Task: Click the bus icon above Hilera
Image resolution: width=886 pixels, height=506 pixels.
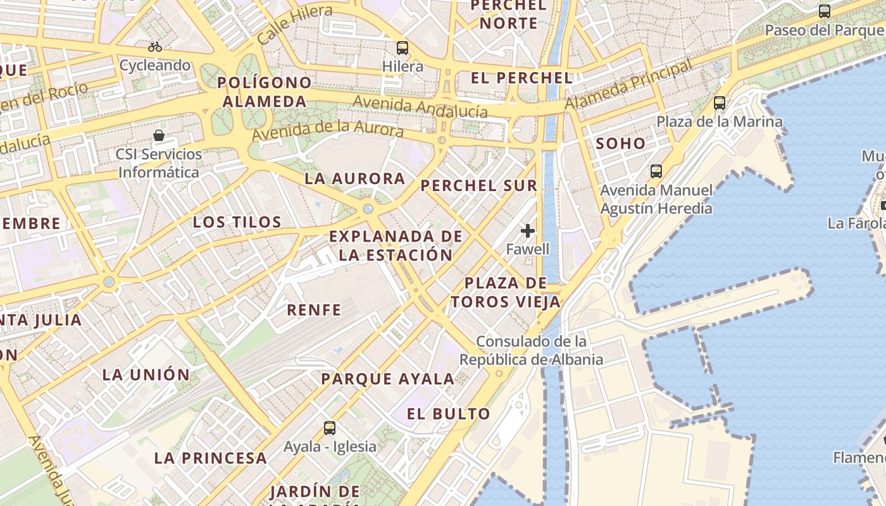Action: pyautogui.click(x=402, y=47)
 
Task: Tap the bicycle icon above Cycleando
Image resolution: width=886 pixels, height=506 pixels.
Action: pyautogui.click(x=155, y=47)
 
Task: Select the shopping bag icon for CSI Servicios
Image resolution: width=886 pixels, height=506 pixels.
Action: pyautogui.click(x=159, y=135)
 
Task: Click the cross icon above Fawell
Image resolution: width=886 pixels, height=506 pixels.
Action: pyautogui.click(x=528, y=231)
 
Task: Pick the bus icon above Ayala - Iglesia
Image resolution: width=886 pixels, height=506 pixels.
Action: pyautogui.click(x=330, y=428)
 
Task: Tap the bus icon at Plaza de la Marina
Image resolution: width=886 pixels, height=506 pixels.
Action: pyautogui.click(x=720, y=102)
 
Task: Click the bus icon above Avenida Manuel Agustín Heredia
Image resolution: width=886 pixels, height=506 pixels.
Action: pyautogui.click(x=656, y=171)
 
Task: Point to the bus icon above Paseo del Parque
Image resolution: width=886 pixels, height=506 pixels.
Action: pyautogui.click(x=825, y=11)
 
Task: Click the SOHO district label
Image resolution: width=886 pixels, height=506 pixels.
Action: pyautogui.click(x=621, y=144)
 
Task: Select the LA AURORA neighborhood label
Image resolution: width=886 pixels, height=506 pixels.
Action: pyautogui.click(x=355, y=178)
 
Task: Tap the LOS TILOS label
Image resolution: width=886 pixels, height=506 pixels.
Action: pyautogui.click(x=237, y=222)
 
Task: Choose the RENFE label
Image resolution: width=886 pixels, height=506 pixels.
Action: pyautogui.click(x=314, y=310)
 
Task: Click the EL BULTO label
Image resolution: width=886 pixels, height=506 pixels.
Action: pyautogui.click(x=448, y=414)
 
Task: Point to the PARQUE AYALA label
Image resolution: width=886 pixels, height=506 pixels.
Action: pyautogui.click(x=387, y=379)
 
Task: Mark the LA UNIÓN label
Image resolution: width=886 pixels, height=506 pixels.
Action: pyautogui.click(x=146, y=374)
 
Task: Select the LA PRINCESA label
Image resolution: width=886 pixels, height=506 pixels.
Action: pyautogui.click(x=210, y=459)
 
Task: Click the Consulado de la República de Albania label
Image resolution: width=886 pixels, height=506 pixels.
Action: pyautogui.click(x=530, y=350)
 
